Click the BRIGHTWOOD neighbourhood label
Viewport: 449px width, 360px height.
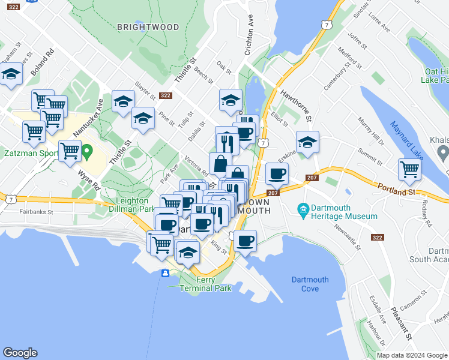coord(148,27)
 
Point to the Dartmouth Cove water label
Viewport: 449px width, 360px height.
coord(310,284)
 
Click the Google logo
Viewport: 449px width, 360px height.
coord(20,353)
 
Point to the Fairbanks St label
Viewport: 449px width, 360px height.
coord(36,212)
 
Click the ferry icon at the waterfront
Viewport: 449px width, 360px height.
coord(165,274)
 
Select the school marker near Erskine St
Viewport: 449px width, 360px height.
coord(307,143)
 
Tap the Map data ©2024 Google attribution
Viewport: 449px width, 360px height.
coord(412,355)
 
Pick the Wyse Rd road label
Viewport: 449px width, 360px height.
coord(88,179)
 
